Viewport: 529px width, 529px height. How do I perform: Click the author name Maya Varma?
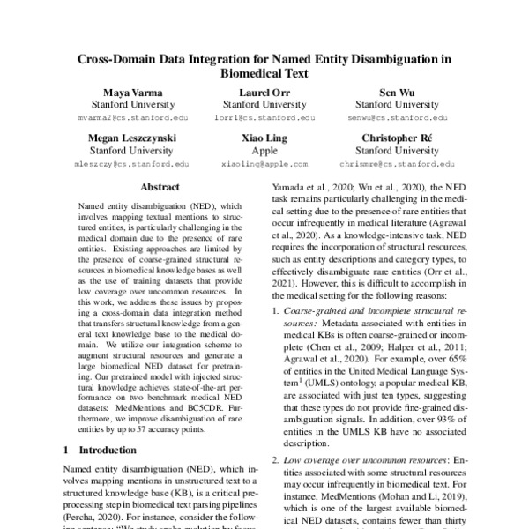click(130, 93)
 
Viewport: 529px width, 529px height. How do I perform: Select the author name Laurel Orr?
click(264, 93)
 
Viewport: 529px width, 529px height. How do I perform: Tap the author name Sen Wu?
click(398, 93)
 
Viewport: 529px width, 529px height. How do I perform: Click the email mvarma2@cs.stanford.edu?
click(130, 117)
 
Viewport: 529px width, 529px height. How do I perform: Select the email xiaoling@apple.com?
click(264, 164)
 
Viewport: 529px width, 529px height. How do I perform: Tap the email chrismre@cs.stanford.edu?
click(398, 164)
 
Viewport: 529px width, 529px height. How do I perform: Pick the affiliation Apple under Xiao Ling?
click(264, 152)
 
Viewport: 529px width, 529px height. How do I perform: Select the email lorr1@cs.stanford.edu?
click(264, 117)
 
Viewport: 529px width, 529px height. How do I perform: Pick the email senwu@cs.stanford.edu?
click(398, 117)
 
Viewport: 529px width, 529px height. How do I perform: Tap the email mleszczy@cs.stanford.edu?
click(130, 164)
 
